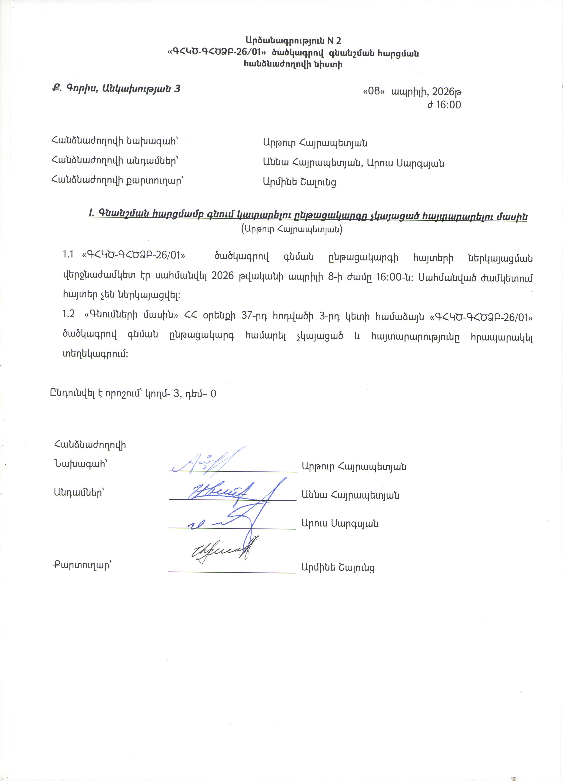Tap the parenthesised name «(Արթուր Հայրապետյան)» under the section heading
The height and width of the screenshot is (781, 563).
tap(292, 229)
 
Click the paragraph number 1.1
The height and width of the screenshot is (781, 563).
tap(68, 255)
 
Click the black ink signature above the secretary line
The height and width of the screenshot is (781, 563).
tap(220, 551)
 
